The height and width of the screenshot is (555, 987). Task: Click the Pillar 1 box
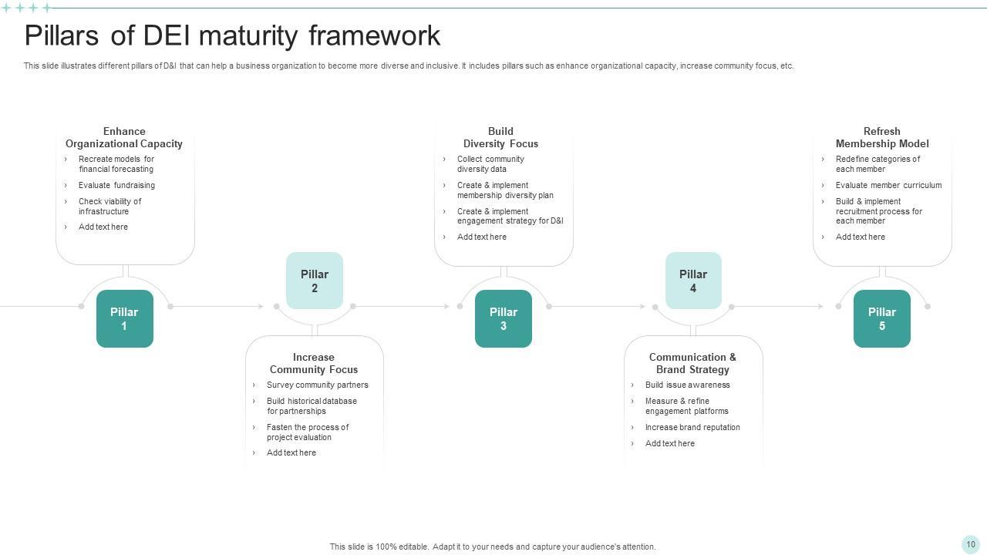click(x=124, y=318)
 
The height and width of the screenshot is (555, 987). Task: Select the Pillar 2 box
click(x=315, y=281)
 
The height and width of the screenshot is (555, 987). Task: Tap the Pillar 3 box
click(x=503, y=318)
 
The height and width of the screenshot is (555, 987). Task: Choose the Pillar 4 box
click(x=693, y=281)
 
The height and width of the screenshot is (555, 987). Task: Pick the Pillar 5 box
click(x=881, y=318)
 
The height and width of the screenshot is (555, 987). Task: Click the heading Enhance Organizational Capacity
click(x=124, y=137)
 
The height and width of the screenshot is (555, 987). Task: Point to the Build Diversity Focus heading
click(x=500, y=137)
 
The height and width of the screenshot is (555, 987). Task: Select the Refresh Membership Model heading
click(x=881, y=137)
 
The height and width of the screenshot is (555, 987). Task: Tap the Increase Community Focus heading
click(x=314, y=363)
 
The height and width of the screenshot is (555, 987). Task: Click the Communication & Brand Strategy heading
click(x=692, y=363)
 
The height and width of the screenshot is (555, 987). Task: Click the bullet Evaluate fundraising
click(x=116, y=185)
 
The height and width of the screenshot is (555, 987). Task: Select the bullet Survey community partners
click(x=317, y=385)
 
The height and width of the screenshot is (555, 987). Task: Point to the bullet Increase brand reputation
click(x=692, y=427)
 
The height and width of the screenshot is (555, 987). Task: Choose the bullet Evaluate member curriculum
click(x=888, y=185)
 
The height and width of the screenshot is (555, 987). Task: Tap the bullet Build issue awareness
click(x=687, y=385)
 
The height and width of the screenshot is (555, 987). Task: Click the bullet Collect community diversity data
click(x=490, y=164)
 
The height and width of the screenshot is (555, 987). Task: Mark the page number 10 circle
click(x=970, y=544)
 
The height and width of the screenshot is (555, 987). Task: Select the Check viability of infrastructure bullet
click(x=109, y=206)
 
